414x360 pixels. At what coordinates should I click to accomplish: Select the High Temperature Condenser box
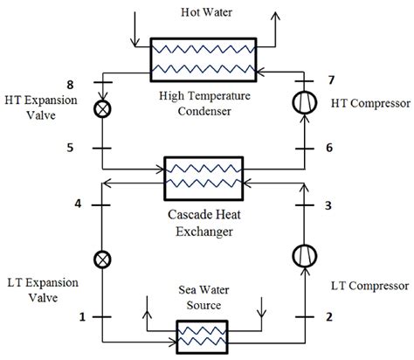204,58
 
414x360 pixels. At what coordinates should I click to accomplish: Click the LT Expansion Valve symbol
102,260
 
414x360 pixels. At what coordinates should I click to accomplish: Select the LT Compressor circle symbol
305,259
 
